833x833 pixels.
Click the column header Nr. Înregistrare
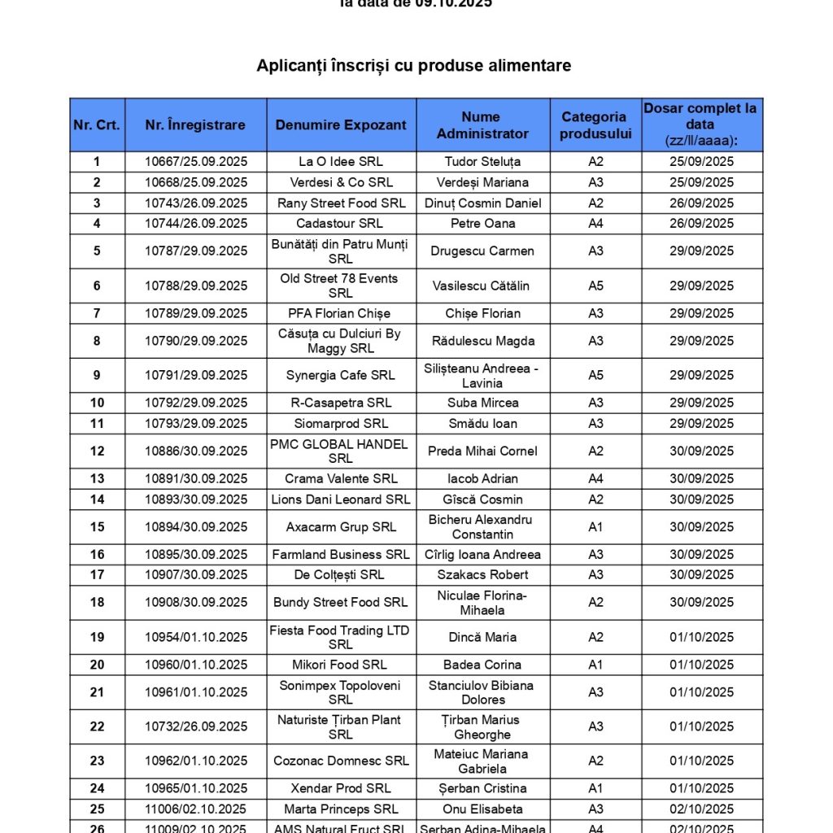point(195,125)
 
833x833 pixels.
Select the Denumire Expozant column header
point(341,125)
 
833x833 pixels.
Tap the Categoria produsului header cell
point(595,125)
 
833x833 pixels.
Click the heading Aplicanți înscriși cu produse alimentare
point(414,66)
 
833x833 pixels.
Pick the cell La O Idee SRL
point(341,162)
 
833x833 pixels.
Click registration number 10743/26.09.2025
point(196,203)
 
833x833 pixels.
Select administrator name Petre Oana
point(483,224)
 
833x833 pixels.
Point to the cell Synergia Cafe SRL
point(341,376)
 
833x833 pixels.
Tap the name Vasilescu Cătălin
point(483,286)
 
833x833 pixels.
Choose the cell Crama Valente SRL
point(341,479)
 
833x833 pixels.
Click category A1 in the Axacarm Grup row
point(595,527)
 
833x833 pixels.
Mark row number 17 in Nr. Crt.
point(98,575)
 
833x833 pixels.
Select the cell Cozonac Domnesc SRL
point(341,761)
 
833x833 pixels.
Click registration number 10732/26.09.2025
point(196,726)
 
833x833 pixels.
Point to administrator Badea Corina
point(483,665)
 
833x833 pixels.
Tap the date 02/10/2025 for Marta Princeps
point(701,809)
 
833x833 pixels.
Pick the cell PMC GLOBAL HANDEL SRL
point(341,451)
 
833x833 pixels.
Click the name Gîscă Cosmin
point(483,499)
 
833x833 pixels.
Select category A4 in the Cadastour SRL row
point(595,224)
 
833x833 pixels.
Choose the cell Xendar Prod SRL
point(341,788)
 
